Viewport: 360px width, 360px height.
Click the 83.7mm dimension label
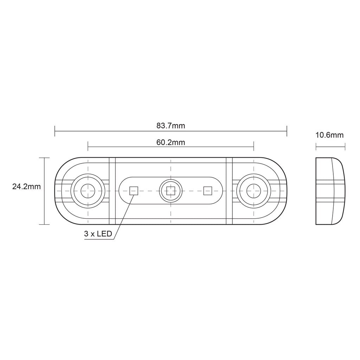click(x=171, y=126)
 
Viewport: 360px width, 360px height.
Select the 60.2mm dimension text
click(x=171, y=142)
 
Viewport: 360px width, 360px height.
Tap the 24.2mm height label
click(x=26, y=187)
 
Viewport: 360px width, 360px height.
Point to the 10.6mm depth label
click(x=330, y=135)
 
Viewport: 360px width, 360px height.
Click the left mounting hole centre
click(x=88, y=191)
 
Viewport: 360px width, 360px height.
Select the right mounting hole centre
click(x=253, y=191)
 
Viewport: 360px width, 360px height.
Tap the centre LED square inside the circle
click(x=171, y=191)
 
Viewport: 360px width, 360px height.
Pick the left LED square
click(x=134, y=191)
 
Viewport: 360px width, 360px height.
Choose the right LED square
click(x=208, y=191)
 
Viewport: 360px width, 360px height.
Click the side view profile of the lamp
click(x=330, y=191)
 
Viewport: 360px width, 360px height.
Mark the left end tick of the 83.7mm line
click(x=55, y=131)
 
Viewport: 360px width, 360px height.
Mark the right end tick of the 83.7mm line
click(x=287, y=131)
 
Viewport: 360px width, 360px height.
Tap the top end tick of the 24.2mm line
click(x=44, y=158)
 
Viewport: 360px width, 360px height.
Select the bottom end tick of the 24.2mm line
click(x=44, y=224)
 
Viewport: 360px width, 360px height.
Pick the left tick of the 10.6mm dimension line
click(x=316, y=146)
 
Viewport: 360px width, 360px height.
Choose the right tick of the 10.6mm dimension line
click(x=345, y=146)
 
